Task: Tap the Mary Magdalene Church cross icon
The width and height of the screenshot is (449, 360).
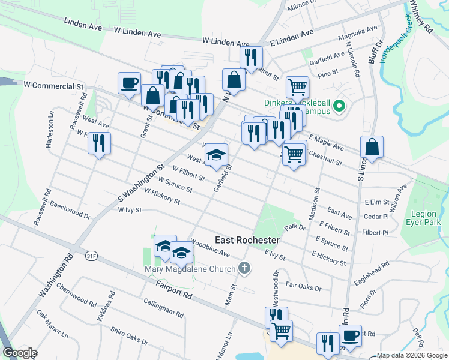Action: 244,268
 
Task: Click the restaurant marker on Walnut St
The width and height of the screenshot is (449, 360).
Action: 251,58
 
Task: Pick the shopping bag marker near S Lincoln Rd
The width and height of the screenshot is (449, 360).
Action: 372,148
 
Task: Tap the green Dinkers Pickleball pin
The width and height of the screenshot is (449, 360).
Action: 339,107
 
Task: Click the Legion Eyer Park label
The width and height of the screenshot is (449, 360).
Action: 426,218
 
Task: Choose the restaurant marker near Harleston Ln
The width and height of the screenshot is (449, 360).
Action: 99,143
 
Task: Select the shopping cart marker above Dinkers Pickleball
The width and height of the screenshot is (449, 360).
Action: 297,88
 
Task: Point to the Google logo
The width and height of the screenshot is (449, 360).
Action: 20,353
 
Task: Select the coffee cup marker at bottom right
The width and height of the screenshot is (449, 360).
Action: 350,335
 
